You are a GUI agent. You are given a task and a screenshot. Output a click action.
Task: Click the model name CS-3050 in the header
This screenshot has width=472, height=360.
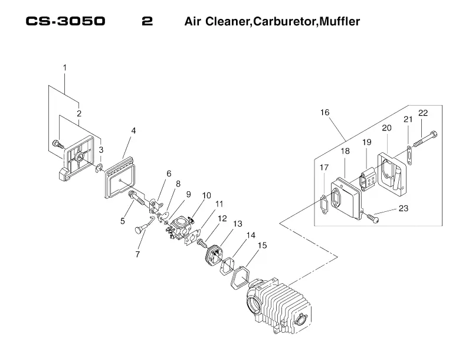click(x=65, y=21)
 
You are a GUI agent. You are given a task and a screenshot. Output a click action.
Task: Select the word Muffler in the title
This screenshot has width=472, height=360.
click(x=340, y=21)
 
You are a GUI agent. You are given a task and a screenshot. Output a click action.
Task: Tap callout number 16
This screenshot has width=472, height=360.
click(x=325, y=112)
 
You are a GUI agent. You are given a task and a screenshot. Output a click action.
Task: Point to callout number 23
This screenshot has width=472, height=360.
click(x=404, y=208)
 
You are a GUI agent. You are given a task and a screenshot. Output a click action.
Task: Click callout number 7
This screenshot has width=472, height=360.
click(x=137, y=254)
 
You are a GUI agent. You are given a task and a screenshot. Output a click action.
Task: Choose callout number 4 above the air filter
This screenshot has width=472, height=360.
click(x=133, y=130)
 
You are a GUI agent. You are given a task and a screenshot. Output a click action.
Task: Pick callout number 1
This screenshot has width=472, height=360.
click(x=64, y=68)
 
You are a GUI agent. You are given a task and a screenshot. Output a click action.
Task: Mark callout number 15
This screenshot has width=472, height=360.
click(x=262, y=246)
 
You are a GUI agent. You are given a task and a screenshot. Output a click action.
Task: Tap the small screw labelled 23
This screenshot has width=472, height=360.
click(x=372, y=218)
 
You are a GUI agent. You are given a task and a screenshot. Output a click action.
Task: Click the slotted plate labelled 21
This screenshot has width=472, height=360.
click(x=409, y=155)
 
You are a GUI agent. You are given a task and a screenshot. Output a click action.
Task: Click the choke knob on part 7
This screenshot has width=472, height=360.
click(x=138, y=231)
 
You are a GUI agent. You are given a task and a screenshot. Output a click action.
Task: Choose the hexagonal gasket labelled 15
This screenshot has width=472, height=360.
click(x=240, y=278)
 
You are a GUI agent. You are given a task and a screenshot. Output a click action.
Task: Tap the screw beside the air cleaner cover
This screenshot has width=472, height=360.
click(x=58, y=144)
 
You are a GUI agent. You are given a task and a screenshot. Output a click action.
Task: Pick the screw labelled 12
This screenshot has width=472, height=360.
click(x=201, y=242)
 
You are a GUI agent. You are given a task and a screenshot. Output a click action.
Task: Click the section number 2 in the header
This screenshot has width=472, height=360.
click(x=147, y=21)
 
